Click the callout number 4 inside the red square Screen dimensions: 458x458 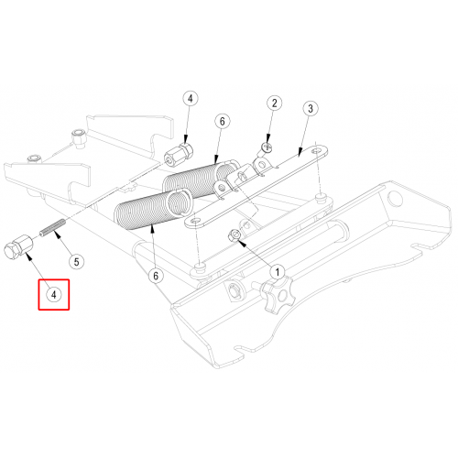click(54, 295)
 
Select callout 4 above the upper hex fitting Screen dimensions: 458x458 click(191, 99)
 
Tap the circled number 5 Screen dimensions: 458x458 click(76, 262)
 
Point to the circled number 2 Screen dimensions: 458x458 click(274, 104)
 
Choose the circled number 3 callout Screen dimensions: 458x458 click(311, 108)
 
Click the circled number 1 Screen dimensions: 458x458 click(278, 272)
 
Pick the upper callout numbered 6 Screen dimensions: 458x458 click(222, 122)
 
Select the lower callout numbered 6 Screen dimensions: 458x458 click(156, 276)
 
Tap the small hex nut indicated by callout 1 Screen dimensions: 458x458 click(234, 235)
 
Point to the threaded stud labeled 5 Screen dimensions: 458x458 click(52, 227)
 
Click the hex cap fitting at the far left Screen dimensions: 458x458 click(19, 247)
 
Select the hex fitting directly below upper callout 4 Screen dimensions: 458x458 click(179, 155)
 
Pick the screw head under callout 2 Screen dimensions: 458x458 click(267, 148)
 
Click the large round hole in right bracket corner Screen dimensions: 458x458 click(395, 198)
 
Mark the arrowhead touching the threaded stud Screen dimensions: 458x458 click(57, 234)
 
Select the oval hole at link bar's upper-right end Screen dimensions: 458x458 click(318, 150)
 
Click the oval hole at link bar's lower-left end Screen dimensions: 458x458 click(194, 221)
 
